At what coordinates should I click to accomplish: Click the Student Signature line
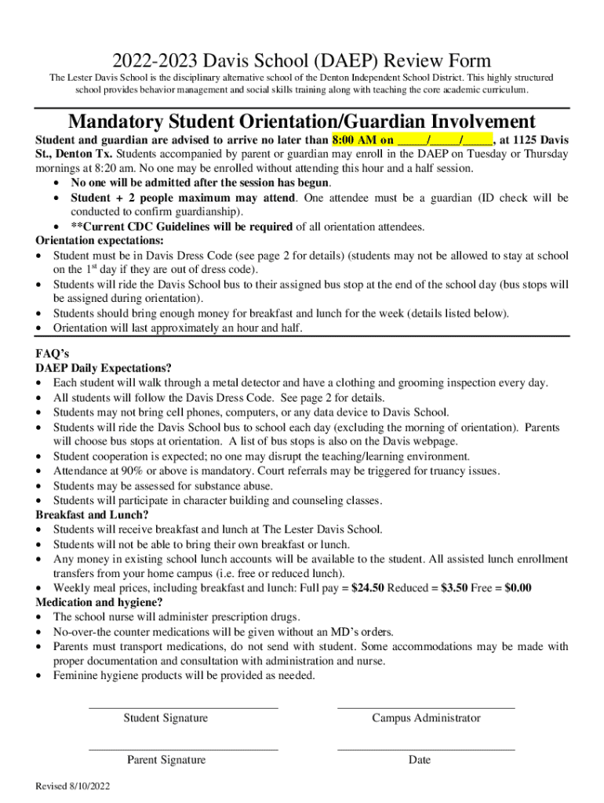click(x=183, y=707)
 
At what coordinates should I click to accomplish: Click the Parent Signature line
click(x=183, y=749)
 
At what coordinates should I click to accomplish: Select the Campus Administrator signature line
click(x=426, y=707)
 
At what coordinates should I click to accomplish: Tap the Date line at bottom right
click(x=426, y=749)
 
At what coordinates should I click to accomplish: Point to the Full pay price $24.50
click(x=365, y=588)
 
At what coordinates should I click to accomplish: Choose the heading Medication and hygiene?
click(x=100, y=602)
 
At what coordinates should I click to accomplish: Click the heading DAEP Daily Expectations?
click(x=104, y=368)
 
